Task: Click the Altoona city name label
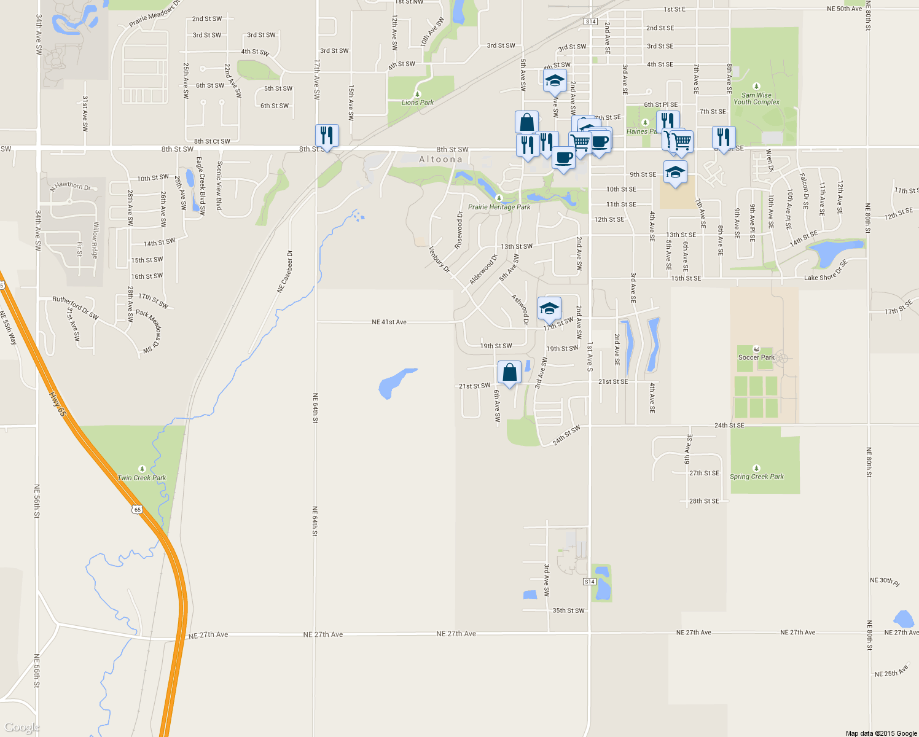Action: [x=440, y=160]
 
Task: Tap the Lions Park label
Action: [x=418, y=103]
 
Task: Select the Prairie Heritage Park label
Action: [x=499, y=207]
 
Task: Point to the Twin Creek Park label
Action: [x=142, y=477]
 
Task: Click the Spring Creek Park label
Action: [x=757, y=477]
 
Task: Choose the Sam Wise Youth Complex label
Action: [x=756, y=98]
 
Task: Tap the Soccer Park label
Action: [x=756, y=357]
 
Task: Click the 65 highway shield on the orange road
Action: [x=137, y=509]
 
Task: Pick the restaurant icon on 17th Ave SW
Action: [x=327, y=136]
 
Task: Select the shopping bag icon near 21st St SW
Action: [x=509, y=373]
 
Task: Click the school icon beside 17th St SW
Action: [x=549, y=308]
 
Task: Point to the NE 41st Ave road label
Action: [x=389, y=322]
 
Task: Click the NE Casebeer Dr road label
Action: [x=285, y=271]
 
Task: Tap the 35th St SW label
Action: [x=568, y=610]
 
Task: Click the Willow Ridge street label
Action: [x=95, y=240]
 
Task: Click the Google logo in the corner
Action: [x=22, y=728]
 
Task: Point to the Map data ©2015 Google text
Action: [x=881, y=733]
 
